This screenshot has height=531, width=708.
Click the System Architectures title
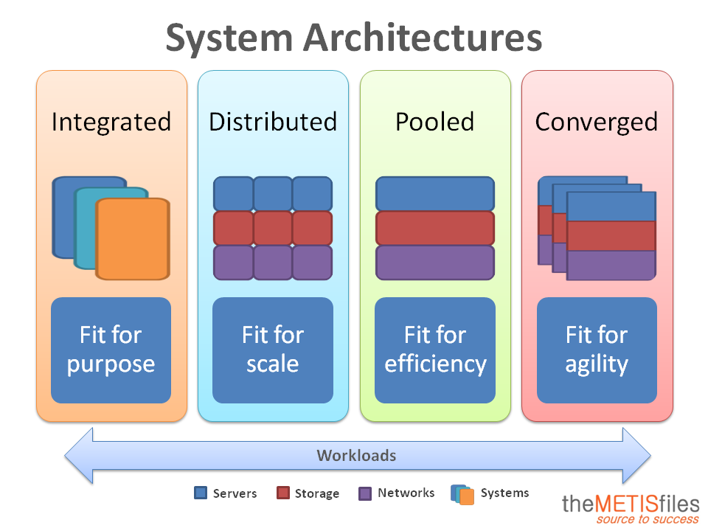click(x=354, y=38)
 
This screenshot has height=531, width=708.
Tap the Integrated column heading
click(x=111, y=122)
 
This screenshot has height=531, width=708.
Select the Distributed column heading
click(x=273, y=122)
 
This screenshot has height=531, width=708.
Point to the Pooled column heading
click(x=435, y=122)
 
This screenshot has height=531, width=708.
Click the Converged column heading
click(x=597, y=122)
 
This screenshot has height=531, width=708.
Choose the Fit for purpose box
click(x=111, y=350)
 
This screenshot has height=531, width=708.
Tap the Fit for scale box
click(x=273, y=350)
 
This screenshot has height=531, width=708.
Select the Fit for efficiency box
click(x=435, y=350)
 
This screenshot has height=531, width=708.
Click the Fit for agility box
click(x=597, y=350)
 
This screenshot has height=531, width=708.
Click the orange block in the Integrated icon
click(x=132, y=239)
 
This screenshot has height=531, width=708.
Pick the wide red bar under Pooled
click(x=435, y=228)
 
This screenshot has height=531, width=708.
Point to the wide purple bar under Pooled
click(x=435, y=263)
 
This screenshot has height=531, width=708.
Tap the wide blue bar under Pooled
click(x=435, y=194)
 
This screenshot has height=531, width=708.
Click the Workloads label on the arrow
click(x=356, y=456)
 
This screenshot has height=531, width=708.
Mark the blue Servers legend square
click(x=201, y=493)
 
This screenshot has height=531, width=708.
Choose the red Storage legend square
click(x=283, y=493)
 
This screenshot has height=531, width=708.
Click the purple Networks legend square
click(x=365, y=493)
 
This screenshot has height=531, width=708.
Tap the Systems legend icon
click(x=462, y=494)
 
